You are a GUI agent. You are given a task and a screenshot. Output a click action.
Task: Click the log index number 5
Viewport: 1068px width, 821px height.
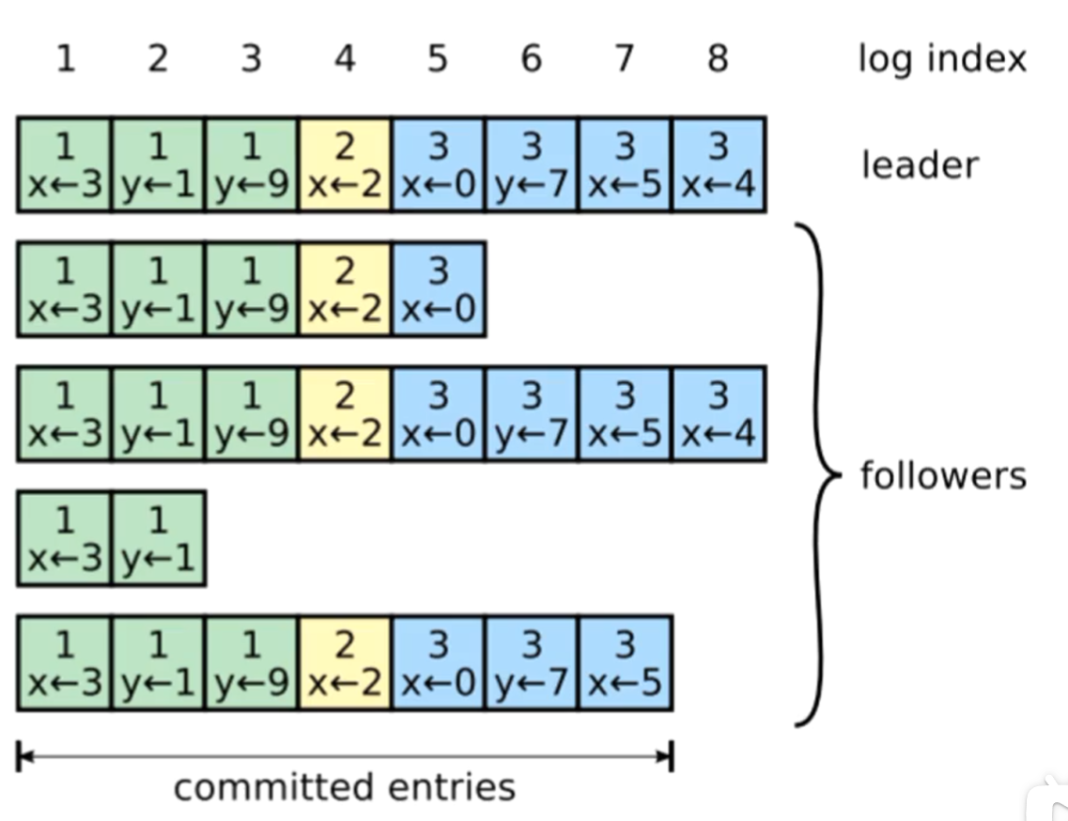click(437, 59)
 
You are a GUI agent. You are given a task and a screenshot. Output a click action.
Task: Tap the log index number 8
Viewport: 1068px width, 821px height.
click(718, 59)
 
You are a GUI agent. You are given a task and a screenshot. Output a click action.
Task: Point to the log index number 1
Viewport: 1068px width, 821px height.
click(64, 59)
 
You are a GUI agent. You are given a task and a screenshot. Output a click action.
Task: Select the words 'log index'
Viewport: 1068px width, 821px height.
click(941, 59)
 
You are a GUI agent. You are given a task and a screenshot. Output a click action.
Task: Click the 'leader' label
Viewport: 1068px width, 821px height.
click(920, 165)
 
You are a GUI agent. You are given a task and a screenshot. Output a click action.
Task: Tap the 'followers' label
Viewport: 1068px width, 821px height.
click(942, 475)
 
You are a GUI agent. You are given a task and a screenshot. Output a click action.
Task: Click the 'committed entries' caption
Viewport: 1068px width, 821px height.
click(344, 786)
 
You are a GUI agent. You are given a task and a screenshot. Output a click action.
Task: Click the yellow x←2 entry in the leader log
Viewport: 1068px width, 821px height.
click(345, 164)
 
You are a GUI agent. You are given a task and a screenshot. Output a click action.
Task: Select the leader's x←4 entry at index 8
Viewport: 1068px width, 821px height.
click(719, 164)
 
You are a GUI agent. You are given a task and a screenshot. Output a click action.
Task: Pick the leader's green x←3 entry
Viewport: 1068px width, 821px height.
click(64, 164)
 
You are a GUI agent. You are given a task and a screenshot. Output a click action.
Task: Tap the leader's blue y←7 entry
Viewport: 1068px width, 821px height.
click(532, 164)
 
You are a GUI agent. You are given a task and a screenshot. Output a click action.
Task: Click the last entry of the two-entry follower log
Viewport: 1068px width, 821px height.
click(158, 538)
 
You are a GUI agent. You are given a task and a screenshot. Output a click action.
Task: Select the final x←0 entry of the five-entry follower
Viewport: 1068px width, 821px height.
click(438, 289)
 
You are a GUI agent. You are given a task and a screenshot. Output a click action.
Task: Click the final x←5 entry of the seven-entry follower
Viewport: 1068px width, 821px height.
click(625, 663)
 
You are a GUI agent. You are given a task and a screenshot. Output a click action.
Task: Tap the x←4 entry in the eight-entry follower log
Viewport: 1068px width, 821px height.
click(719, 414)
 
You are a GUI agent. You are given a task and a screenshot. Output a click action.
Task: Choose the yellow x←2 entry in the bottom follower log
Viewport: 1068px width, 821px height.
click(345, 663)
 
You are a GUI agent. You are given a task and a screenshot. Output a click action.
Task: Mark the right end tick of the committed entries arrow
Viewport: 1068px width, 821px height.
click(671, 756)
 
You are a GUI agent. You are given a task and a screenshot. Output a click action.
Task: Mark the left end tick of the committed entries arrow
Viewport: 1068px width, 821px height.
click(19, 756)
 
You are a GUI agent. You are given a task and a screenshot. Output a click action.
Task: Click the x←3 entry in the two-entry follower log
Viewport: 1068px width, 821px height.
click(64, 538)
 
